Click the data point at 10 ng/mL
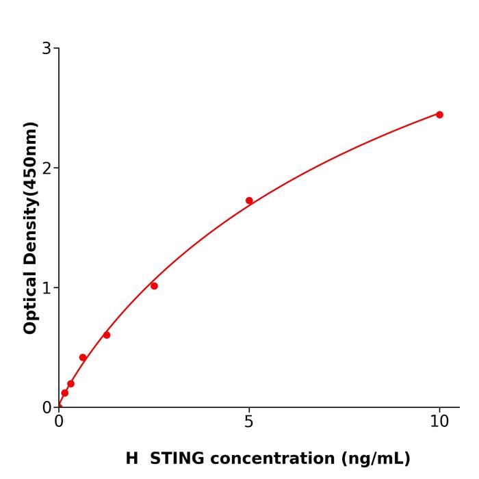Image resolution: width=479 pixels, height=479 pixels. click(439, 114)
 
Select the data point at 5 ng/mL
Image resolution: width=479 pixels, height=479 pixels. click(249, 200)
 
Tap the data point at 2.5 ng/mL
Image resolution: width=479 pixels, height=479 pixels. click(154, 285)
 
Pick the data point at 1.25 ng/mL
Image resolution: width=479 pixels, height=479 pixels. click(107, 335)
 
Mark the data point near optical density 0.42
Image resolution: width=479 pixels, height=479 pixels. click(83, 357)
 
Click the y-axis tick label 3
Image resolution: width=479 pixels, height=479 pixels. click(47, 48)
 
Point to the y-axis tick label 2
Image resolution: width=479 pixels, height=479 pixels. click(47, 168)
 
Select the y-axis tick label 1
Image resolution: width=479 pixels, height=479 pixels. click(47, 287)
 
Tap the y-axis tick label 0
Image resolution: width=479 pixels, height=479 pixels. click(47, 407)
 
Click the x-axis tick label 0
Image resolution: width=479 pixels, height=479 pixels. click(59, 422)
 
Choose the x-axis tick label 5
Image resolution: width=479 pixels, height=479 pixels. click(249, 422)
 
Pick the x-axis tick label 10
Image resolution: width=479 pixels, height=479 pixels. click(439, 422)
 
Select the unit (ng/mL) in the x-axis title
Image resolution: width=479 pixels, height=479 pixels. click(374, 458)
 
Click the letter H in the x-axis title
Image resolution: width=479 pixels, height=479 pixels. click(131, 458)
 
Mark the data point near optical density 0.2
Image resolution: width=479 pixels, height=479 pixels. click(70, 383)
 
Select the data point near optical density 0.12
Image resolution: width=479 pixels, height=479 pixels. click(64, 393)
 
